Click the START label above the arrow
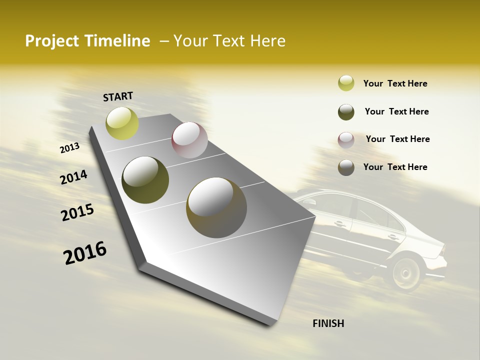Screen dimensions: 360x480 pyautogui.click(x=118, y=96)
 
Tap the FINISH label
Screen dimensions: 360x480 pyautogui.click(x=328, y=323)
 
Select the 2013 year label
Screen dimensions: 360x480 pyautogui.click(x=69, y=148)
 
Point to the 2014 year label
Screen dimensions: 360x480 pyautogui.click(x=73, y=177)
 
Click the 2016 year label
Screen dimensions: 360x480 pyautogui.click(x=85, y=252)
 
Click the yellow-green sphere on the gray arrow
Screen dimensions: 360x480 pyautogui.click(x=122, y=123)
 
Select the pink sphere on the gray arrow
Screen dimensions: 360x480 pyautogui.click(x=189, y=140)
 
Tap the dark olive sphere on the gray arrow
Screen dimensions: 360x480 pyautogui.click(x=145, y=180)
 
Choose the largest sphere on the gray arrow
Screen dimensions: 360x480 pyautogui.click(x=216, y=207)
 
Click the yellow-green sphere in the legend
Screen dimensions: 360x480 pyautogui.click(x=346, y=83)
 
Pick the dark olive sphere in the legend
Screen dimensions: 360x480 pyautogui.click(x=346, y=112)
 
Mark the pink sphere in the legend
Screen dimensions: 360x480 pyautogui.click(x=346, y=140)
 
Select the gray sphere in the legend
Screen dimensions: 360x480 pyautogui.click(x=346, y=167)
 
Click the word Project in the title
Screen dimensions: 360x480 pyautogui.click(x=51, y=41)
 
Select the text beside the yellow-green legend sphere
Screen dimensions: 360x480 pyautogui.click(x=395, y=83)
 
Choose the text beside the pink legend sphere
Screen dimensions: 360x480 pyautogui.click(x=397, y=139)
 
